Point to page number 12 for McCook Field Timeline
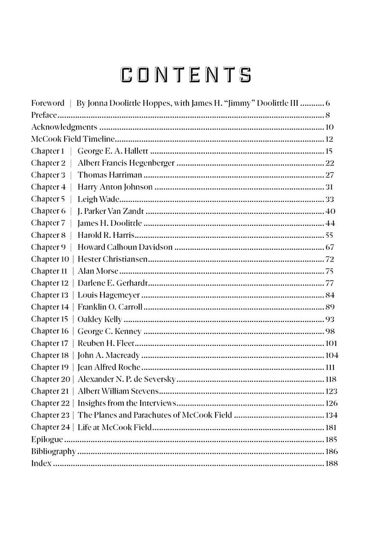tap(329, 139)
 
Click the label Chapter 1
tap(48, 151)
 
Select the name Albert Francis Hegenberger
tap(126, 163)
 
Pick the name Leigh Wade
tap(99, 199)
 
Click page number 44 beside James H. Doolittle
tap(329, 223)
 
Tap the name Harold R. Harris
tap(106, 235)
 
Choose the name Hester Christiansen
tap(113, 259)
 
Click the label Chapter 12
tap(50, 283)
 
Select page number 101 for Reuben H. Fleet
tap(331, 343)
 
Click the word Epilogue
tap(47, 439)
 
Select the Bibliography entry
tap(53, 451)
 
